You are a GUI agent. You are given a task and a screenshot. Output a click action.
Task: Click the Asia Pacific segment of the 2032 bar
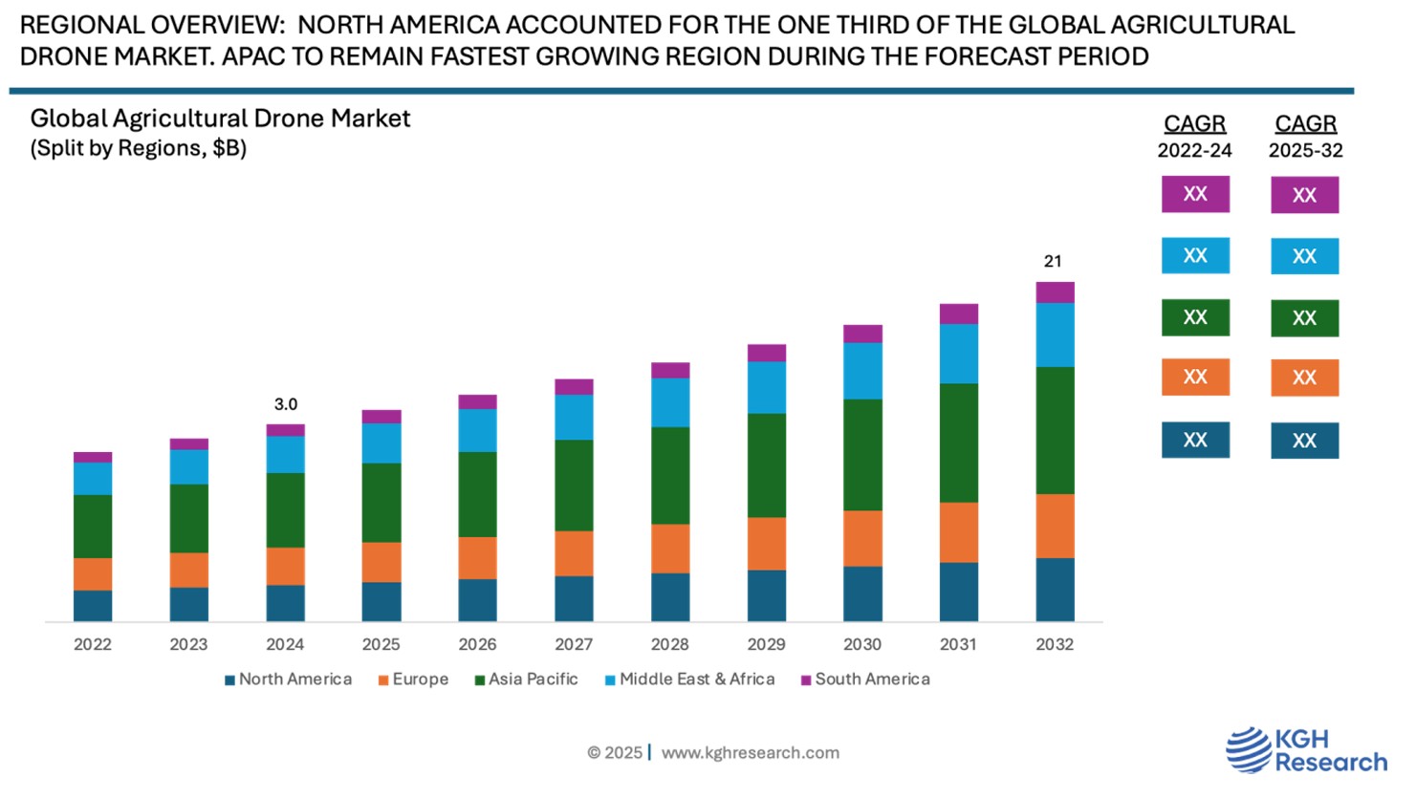(1055, 430)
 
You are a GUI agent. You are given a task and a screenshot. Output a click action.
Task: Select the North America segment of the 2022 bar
(93, 606)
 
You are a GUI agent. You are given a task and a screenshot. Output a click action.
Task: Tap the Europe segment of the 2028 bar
(670, 549)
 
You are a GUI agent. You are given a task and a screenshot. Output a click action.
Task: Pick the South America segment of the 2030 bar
(862, 334)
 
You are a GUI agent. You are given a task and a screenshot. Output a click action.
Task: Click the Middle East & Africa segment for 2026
(477, 430)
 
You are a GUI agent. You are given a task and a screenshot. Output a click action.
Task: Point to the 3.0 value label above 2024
(286, 404)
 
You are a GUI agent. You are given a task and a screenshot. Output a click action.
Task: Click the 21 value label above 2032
(1053, 261)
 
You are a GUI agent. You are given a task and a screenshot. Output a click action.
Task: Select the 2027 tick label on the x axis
(574, 644)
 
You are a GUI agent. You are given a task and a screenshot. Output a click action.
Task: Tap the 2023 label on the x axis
(188, 644)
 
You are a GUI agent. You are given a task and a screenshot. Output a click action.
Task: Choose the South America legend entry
(865, 679)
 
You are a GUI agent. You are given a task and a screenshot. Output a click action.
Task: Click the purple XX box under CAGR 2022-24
(1195, 194)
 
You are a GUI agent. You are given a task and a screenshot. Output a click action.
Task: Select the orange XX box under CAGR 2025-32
(1304, 377)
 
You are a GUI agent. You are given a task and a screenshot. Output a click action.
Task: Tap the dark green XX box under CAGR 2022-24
(1195, 317)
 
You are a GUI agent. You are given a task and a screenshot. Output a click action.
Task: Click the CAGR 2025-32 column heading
(1305, 136)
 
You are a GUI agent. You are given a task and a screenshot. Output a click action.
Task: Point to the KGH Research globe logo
(1247, 749)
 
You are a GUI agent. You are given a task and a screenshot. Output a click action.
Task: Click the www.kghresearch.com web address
(751, 753)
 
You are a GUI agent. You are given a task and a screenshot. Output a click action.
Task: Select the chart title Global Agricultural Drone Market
(220, 119)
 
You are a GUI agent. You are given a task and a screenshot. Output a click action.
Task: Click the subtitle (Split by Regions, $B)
(139, 148)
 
